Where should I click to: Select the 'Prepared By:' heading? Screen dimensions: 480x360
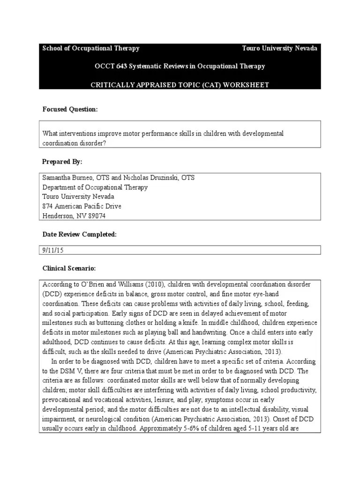[62, 162]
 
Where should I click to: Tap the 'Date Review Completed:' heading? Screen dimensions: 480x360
[79, 234]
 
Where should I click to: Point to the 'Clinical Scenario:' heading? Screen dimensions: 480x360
[69, 268]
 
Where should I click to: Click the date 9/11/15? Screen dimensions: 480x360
[52, 250]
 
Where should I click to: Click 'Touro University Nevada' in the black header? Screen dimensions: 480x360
[279, 48]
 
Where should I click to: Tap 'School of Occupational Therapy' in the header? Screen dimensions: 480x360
[91, 48]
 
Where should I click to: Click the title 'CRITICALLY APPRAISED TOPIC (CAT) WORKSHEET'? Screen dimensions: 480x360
[180, 84]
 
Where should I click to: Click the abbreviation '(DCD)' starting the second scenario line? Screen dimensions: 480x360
[51, 294]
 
